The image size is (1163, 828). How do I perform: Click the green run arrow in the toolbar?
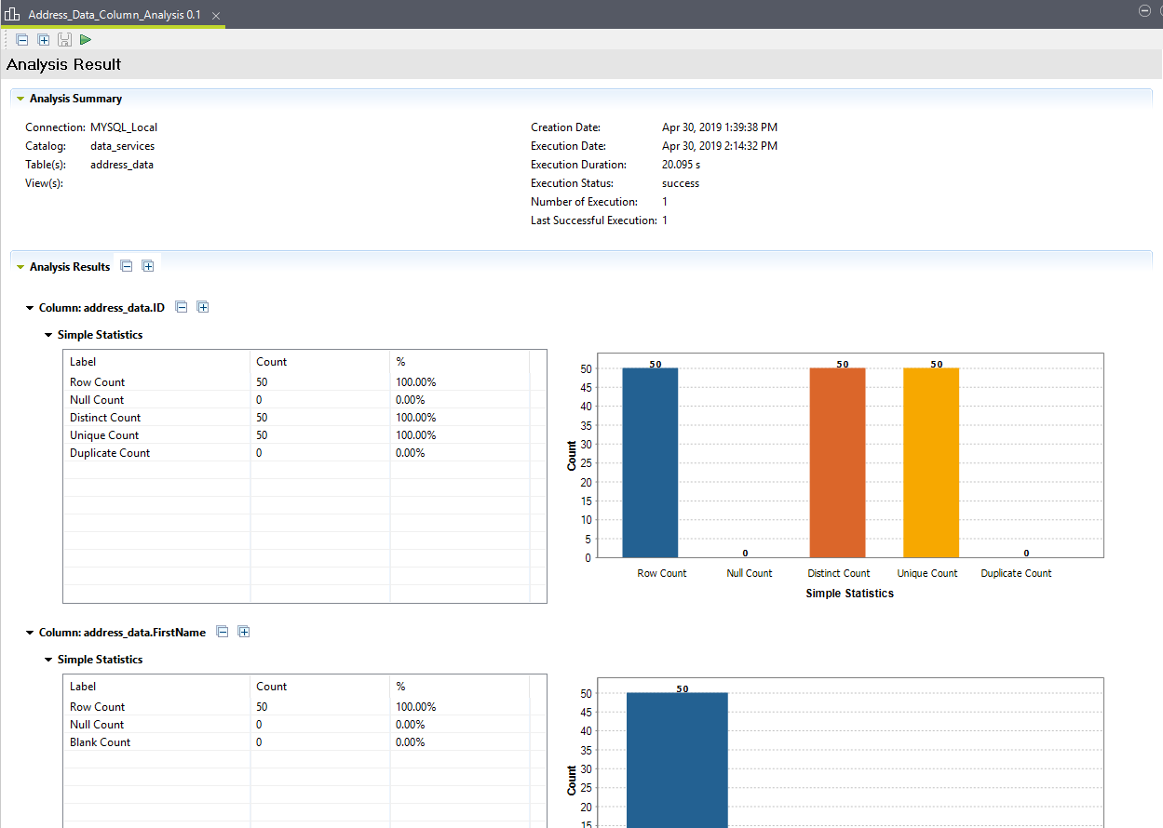point(86,39)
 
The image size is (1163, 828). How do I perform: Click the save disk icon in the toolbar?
point(64,39)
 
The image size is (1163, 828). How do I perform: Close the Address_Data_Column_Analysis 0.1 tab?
point(216,16)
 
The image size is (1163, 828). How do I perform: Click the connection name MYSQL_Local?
point(124,127)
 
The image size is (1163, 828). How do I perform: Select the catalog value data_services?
point(122,146)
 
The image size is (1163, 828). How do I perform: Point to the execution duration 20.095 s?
point(681,165)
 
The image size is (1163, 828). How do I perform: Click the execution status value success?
point(681,183)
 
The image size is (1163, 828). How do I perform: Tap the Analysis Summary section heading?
point(75,99)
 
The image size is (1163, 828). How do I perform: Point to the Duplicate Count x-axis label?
point(1016,573)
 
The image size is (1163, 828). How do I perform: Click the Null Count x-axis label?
point(749,573)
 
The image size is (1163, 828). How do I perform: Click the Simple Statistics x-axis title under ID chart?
point(849,594)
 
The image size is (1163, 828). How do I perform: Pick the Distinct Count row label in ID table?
point(105,418)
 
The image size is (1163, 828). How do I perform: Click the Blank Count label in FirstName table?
point(100,742)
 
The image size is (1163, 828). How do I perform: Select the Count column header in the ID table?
point(272,362)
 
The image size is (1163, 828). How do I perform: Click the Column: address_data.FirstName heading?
point(122,633)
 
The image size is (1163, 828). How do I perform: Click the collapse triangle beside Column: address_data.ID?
point(30,307)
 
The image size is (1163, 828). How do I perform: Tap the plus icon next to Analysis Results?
point(147,266)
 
